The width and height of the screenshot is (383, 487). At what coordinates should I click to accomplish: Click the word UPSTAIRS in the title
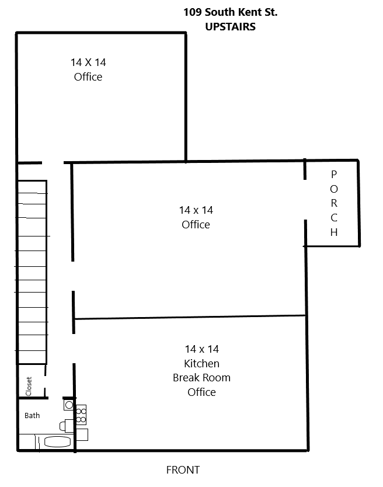point(230,27)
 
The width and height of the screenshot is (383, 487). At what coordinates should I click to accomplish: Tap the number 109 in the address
point(192,12)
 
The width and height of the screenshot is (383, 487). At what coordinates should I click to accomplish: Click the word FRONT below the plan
point(183,469)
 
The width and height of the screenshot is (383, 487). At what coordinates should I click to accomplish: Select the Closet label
point(29,387)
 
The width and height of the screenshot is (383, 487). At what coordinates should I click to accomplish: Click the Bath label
point(32,416)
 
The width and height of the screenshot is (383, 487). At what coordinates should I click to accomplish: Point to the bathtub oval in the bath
point(57,441)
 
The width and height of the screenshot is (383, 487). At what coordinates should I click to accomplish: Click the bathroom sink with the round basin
point(69,405)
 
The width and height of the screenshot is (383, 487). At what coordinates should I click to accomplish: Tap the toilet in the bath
point(66,426)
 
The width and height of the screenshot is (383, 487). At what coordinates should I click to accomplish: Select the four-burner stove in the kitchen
point(81,415)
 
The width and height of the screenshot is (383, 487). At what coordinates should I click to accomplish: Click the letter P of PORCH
point(333,175)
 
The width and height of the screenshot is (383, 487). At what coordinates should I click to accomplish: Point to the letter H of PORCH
point(334,232)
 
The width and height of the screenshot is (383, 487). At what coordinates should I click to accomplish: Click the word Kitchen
point(201,363)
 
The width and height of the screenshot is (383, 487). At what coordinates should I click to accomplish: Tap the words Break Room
point(201,378)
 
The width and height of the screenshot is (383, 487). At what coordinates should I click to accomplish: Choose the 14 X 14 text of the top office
point(88,62)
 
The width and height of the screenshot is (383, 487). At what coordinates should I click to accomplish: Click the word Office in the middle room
point(196,225)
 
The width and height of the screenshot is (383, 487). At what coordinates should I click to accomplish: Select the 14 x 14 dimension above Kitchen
point(202,349)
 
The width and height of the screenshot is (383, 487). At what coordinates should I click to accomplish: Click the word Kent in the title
point(249,12)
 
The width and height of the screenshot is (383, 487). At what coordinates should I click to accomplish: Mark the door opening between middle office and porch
point(305,200)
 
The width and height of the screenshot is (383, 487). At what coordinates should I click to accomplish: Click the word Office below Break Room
point(201,392)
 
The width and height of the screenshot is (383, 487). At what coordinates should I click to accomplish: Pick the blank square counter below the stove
point(82,434)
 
